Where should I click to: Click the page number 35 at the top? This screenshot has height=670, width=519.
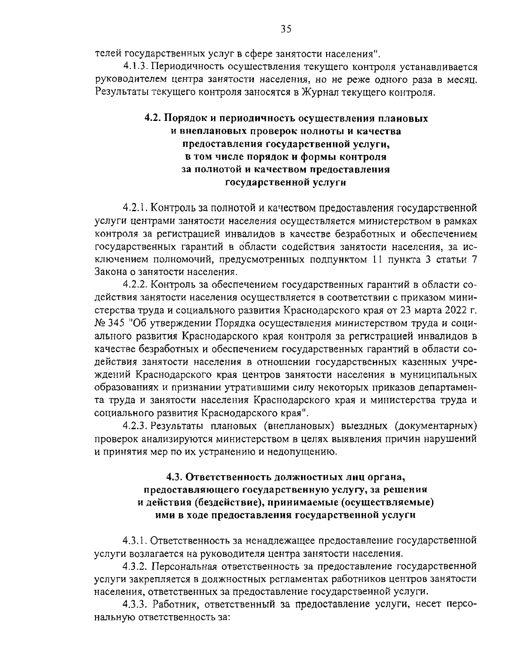286,29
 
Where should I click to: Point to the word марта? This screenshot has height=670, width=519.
421,310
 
